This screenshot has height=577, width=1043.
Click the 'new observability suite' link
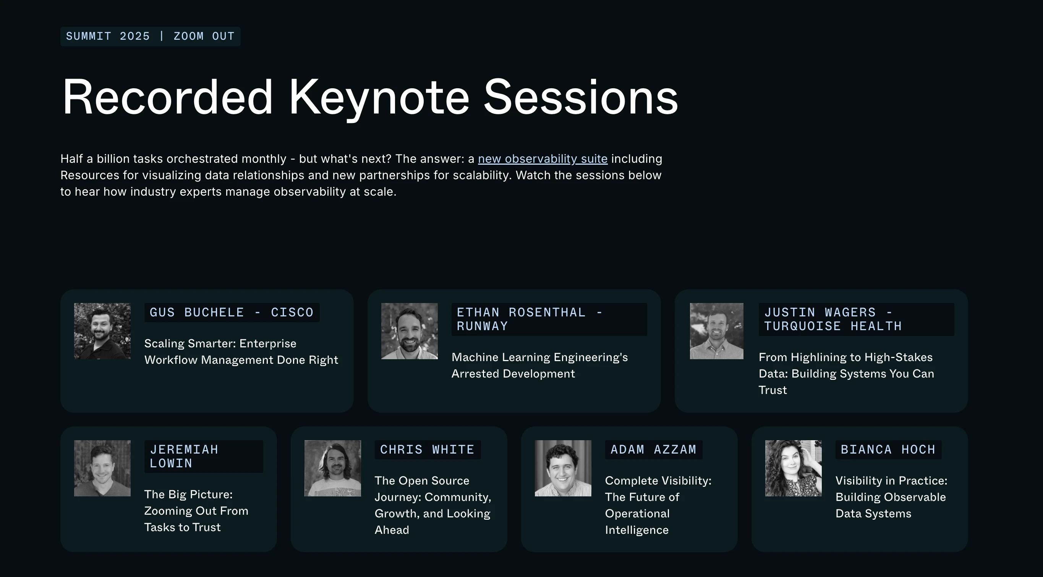pyautogui.click(x=543, y=159)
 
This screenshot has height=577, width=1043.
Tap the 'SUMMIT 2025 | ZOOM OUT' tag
pyautogui.click(x=150, y=36)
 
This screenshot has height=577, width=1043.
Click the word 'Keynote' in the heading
pyautogui.click(x=379, y=97)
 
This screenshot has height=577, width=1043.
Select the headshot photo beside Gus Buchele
pyautogui.click(x=102, y=331)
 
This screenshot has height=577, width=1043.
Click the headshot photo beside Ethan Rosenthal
pyautogui.click(x=409, y=331)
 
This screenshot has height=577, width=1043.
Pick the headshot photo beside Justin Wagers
pyautogui.click(x=717, y=331)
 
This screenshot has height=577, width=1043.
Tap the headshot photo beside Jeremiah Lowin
pyautogui.click(x=102, y=468)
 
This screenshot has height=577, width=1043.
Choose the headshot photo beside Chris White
pyautogui.click(x=333, y=468)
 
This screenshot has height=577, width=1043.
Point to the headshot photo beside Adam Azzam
pyautogui.click(x=563, y=468)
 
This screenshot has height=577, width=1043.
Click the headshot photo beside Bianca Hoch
pyautogui.click(x=794, y=468)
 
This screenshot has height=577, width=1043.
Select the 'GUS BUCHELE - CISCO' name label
pyautogui.click(x=232, y=313)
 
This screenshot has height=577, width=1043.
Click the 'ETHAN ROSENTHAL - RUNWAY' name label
pyautogui.click(x=549, y=319)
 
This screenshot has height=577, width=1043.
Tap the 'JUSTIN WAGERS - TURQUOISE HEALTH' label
pyautogui.click(x=856, y=319)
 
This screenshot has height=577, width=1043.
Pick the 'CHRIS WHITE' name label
pyautogui.click(x=428, y=450)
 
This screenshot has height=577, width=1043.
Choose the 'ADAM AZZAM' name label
pyautogui.click(x=653, y=450)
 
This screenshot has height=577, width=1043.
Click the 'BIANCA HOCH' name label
pyautogui.click(x=888, y=450)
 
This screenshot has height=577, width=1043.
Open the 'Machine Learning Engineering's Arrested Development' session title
pyautogui.click(x=540, y=365)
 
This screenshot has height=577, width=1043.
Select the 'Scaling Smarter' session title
pyautogui.click(x=241, y=352)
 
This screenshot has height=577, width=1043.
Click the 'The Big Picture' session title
pyautogui.click(x=196, y=511)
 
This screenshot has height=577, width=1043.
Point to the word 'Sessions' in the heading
pyautogui.click(x=581, y=97)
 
